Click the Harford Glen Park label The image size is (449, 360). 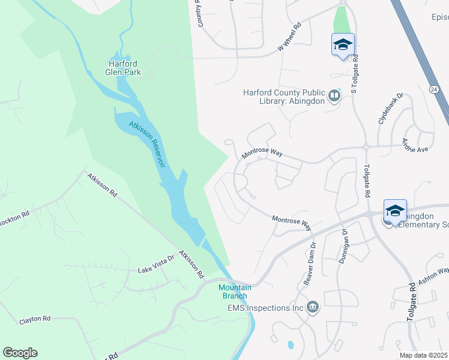click(124, 68)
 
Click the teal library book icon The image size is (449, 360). click(334, 94)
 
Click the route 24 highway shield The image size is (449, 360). click(433, 89)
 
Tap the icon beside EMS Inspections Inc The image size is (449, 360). click(313, 308)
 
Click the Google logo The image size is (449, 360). click(20, 353)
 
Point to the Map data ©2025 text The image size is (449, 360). click(423, 355)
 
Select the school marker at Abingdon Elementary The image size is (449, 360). click(395, 211)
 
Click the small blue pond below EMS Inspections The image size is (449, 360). click(291, 345)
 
